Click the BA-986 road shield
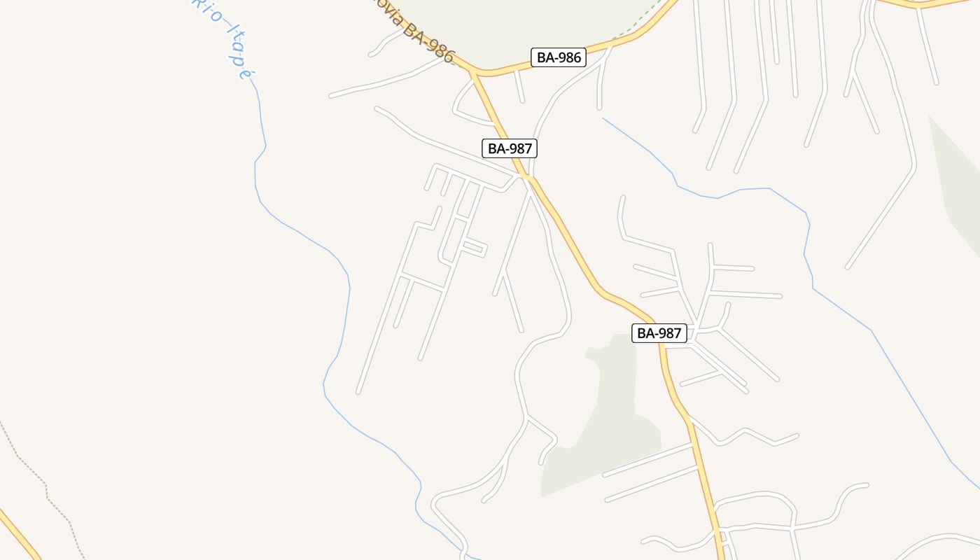[x=558, y=57]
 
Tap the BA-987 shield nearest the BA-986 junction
[x=510, y=148]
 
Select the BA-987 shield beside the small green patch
[x=659, y=333]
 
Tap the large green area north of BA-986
[x=532, y=21]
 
